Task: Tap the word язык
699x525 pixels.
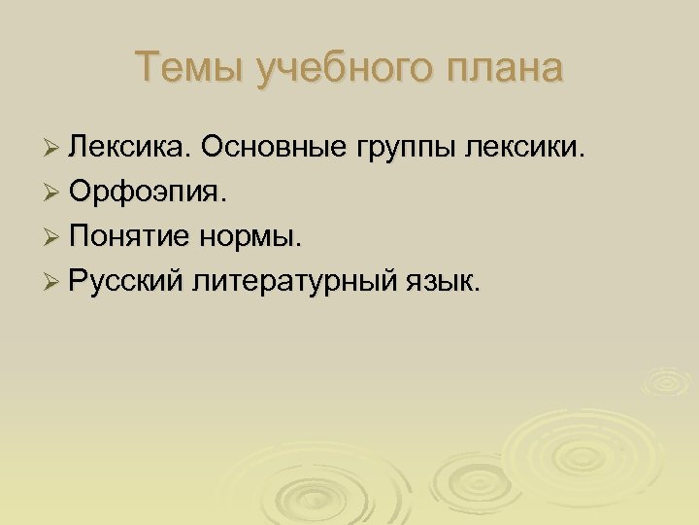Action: click(x=444, y=282)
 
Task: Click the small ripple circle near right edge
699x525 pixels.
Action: click(x=668, y=382)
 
